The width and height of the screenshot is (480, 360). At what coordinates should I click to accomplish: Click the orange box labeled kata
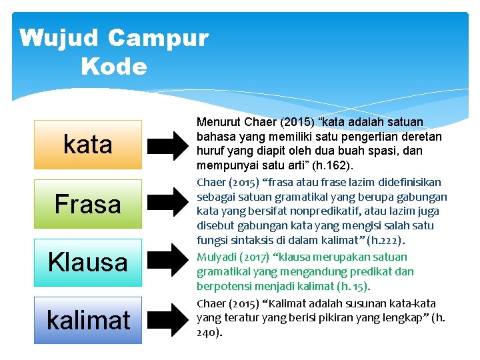pyautogui.click(x=88, y=145)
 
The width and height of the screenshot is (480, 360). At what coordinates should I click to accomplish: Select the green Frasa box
pyautogui.click(x=88, y=203)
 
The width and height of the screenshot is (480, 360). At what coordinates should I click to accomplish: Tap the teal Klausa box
pyautogui.click(x=88, y=262)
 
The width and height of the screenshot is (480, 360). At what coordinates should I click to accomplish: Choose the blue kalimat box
pyautogui.click(x=88, y=320)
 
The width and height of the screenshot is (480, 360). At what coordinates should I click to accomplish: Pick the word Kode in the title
pyautogui.click(x=113, y=66)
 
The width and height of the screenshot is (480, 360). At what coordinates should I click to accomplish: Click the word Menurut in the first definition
pyautogui.click(x=218, y=122)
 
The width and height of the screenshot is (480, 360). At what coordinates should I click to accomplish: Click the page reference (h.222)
pyautogui.click(x=389, y=241)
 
